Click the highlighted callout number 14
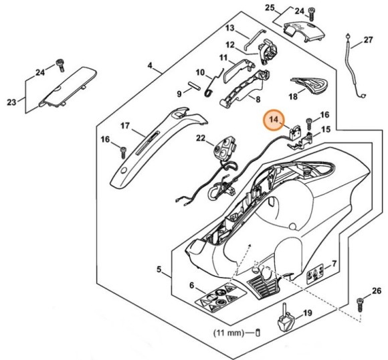(x=273, y=120)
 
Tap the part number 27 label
(x=368, y=40)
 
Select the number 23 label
(x=11, y=102)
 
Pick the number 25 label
(x=270, y=7)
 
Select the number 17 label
(x=124, y=125)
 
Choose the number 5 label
(x=159, y=270)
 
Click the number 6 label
(x=193, y=286)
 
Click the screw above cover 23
(x=60, y=64)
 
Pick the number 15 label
(x=326, y=128)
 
